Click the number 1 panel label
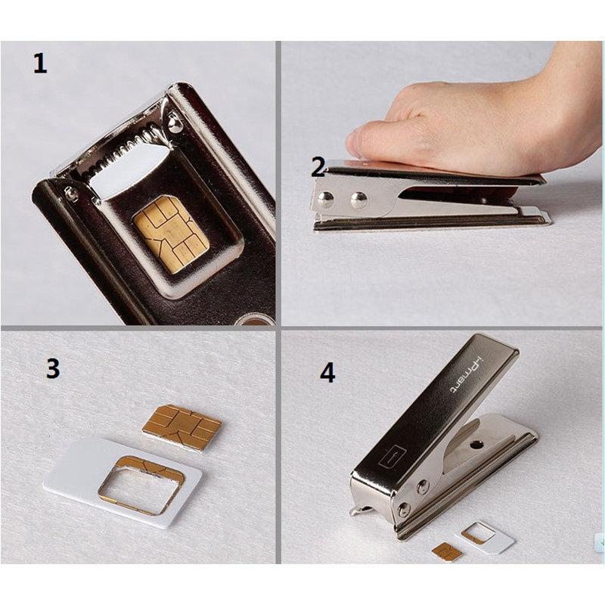tap(39, 63)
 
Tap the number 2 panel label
tap(318, 167)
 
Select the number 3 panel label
tap(52, 368)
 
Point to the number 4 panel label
tap(327, 373)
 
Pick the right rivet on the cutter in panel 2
tap(358, 200)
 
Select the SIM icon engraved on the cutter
tap(393, 456)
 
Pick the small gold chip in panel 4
tap(447, 551)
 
